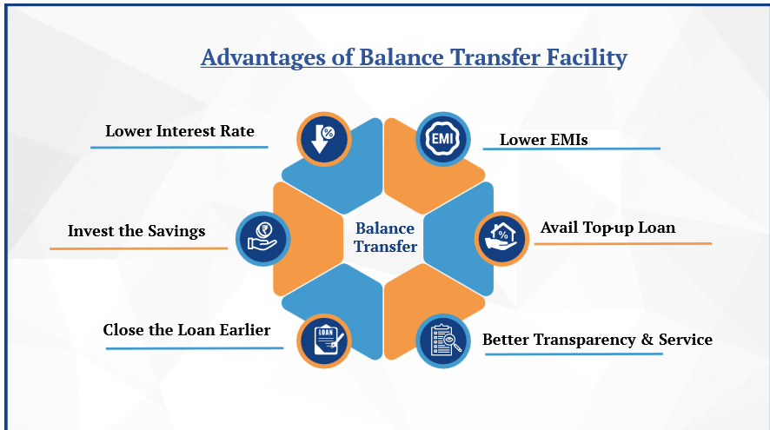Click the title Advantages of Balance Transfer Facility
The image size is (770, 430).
(x=414, y=57)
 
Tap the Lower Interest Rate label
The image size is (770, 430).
(x=180, y=131)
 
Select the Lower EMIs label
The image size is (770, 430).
(x=544, y=140)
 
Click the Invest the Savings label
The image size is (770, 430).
(x=136, y=231)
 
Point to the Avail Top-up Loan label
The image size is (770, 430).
(x=608, y=228)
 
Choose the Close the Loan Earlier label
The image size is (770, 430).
(x=187, y=330)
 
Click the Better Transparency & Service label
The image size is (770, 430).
(x=597, y=340)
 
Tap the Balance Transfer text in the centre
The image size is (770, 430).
(x=386, y=237)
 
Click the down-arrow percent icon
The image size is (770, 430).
(x=323, y=139)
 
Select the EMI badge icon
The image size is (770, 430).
(x=443, y=139)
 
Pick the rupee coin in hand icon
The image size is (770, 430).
(x=262, y=239)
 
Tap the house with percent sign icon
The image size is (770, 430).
(x=501, y=239)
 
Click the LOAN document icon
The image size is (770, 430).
(x=323, y=341)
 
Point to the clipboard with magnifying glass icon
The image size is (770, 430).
(x=443, y=341)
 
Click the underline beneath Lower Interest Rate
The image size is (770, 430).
(x=179, y=147)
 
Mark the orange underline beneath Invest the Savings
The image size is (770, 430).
(x=138, y=248)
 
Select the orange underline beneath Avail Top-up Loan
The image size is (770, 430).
(x=622, y=243)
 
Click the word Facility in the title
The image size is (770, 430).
(x=587, y=58)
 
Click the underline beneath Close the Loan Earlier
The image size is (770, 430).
(x=195, y=348)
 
